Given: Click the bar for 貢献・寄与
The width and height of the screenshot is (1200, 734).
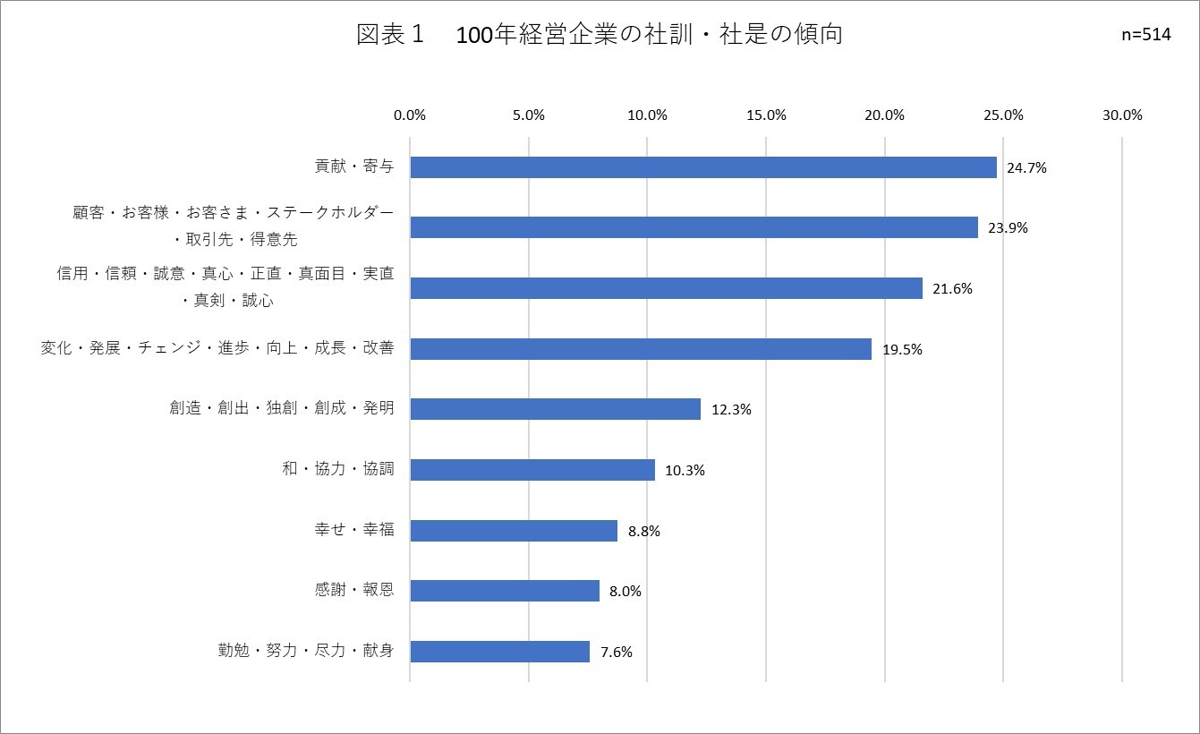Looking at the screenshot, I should pos(703,167).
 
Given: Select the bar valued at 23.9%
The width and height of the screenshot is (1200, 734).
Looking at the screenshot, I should pos(694,227).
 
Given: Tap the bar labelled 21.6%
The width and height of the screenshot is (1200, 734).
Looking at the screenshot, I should pos(666,288).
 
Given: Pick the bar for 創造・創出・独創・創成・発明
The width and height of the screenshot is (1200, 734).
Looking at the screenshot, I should pos(555,409).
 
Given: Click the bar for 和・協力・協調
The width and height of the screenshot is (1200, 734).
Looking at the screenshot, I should pos(532,470).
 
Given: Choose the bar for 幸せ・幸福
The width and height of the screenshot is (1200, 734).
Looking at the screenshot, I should pos(514,531).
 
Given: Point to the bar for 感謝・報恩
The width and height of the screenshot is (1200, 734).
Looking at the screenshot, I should pos(505,591).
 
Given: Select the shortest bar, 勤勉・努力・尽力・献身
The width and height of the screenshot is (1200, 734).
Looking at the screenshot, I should pos(499,652).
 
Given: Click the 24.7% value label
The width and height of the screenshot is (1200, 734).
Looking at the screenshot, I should pos(1026,167).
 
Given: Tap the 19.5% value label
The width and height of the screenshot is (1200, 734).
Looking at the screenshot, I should pos(902,349).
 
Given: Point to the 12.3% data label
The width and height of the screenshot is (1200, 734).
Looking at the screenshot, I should pos(731,410).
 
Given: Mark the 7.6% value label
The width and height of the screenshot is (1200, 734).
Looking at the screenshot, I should pos(617,653).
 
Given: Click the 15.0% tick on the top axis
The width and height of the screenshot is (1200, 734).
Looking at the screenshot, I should pos(766,115).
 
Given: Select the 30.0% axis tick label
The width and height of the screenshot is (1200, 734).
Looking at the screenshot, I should pos(1122,115).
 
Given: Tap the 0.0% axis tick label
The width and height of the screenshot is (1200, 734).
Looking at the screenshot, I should pos(410,115).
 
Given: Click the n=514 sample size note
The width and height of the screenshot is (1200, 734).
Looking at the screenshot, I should pos(1145,36).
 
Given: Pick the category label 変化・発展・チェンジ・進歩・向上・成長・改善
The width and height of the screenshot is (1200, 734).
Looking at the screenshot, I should pos(217,348).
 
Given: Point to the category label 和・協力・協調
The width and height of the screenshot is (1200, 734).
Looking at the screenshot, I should pos(337,469).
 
